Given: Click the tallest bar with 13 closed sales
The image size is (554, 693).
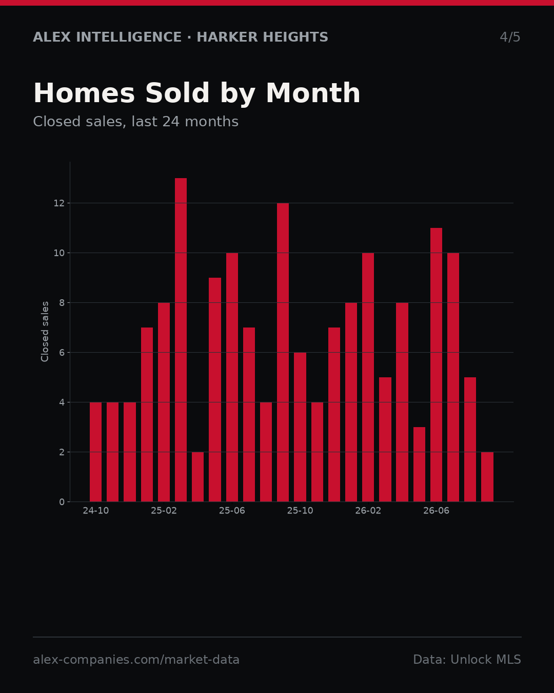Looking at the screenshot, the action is pyautogui.click(x=181, y=340).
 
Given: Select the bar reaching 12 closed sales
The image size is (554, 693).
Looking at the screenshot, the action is pyautogui.click(x=283, y=352).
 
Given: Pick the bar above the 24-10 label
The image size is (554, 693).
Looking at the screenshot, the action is pyautogui.click(x=95, y=452).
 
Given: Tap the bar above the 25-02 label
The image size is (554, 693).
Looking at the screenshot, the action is pyautogui.click(x=164, y=402).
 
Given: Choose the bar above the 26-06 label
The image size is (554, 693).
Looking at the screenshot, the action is pyautogui.click(x=436, y=365).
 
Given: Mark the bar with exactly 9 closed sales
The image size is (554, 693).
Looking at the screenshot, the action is pyautogui.click(x=215, y=390).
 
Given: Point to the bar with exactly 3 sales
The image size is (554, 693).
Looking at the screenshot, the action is pyautogui.click(x=419, y=465).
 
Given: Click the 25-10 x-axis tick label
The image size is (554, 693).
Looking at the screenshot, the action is pyautogui.click(x=300, y=511).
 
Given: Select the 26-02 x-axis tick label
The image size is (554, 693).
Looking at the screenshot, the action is pyautogui.click(x=368, y=511).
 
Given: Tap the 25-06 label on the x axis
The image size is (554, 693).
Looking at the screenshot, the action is pyautogui.click(x=232, y=511).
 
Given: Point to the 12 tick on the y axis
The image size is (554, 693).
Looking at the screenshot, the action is pyautogui.click(x=59, y=203).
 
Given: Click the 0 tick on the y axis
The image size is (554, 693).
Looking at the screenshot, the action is pyautogui.click(x=62, y=502).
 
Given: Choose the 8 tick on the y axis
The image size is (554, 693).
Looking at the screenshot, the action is pyautogui.click(x=62, y=303).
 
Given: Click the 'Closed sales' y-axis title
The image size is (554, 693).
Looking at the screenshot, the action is pyautogui.click(x=45, y=332).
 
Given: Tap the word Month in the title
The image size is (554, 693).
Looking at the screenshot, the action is pyautogui.click(x=313, y=93).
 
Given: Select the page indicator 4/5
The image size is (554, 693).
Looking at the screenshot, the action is pyautogui.click(x=510, y=37).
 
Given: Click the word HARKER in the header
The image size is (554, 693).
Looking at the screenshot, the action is pyautogui.click(x=225, y=37).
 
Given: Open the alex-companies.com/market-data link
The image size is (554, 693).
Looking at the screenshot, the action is pyautogui.click(x=136, y=660).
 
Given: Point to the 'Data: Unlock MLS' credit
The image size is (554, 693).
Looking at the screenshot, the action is pyautogui.click(x=467, y=660).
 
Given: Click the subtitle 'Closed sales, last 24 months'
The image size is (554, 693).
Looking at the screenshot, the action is pyautogui.click(x=135, y=122).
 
